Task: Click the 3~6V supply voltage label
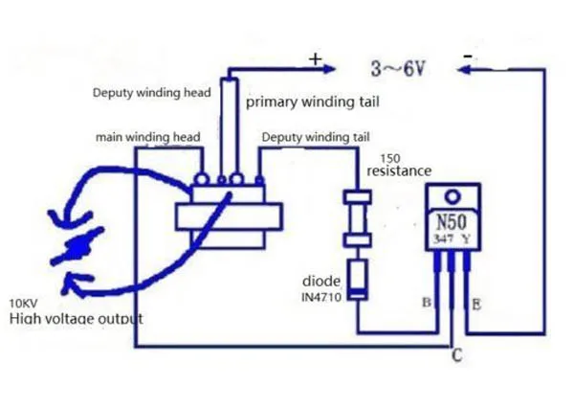[398, 69]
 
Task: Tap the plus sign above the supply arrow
[315, 59]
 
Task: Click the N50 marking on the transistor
[452, 222]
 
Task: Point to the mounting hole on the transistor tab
[453, 197]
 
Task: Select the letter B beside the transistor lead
[427, 303]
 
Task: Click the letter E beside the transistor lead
[476, 305]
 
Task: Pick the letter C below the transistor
[457, 355]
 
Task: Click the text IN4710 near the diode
[321, 297]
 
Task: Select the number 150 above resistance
[390, 158]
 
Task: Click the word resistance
[399, 170]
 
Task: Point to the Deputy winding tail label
[316, 137]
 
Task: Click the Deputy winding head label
[151, 92]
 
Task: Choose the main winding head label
[148, 137]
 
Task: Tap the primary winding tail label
[312, 102]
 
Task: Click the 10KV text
[23, 304]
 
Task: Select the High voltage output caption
[76, 318]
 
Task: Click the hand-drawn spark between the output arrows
[77, 245]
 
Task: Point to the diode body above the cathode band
[357, 274]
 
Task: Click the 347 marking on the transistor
[443, 238]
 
